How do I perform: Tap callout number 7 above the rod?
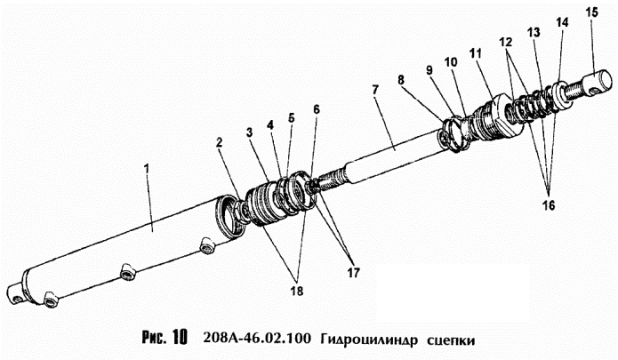click(374, 91)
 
